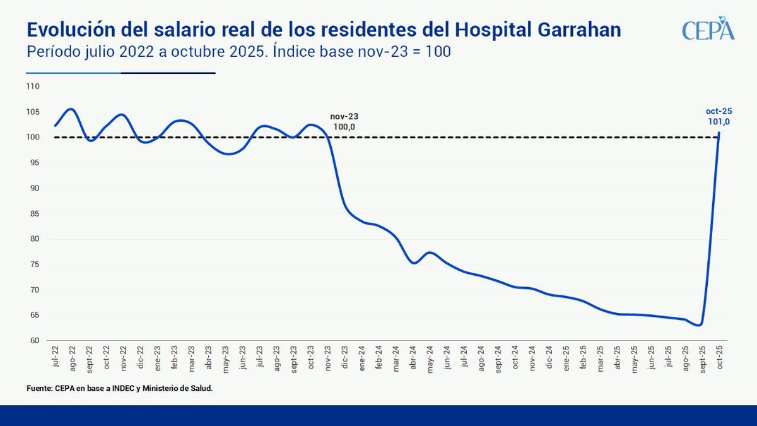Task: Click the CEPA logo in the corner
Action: (x=708, y=29)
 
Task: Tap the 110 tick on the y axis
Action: (x=33, y=86)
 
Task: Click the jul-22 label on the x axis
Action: (x=56, y=357)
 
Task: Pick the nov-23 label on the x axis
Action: (x=328, y=357)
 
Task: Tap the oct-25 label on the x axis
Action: (x=720, y=357)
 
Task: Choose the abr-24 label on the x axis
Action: (x=413, y=357)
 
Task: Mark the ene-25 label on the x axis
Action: (x=566, y=357)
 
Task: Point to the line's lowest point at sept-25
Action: (x=699, y=325)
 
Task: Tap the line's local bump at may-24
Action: (x=429, y=252)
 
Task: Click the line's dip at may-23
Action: (x=230, y=153)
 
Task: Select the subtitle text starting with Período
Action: (x=238, y=52)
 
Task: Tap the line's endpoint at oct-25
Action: (x=720, y=133)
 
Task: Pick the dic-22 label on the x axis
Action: (x=141, y=357)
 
